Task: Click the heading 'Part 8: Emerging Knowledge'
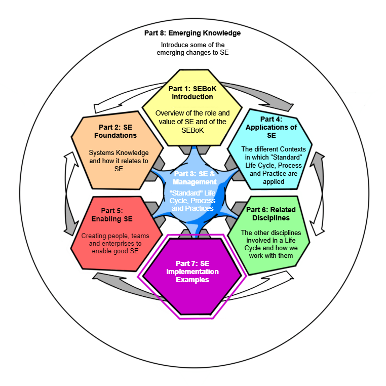[x=192, y=33]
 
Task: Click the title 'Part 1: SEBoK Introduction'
[x=192, y=93]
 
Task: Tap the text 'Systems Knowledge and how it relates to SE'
[x=119, y=161]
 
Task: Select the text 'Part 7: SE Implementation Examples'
[x=192, y=272]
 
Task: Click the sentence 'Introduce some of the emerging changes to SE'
[x=192, y=49]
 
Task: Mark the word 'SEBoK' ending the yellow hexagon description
[x=191, y=130]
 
